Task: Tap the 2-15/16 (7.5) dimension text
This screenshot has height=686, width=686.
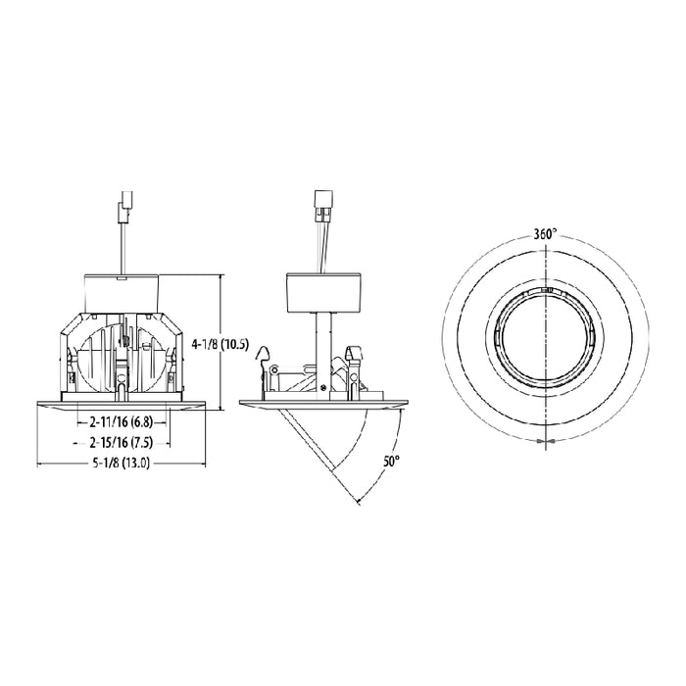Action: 119,442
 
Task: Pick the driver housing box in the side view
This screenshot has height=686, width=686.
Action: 322,291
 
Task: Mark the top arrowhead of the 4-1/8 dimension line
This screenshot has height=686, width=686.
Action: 220,278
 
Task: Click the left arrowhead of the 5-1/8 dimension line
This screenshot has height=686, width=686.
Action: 40,464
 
